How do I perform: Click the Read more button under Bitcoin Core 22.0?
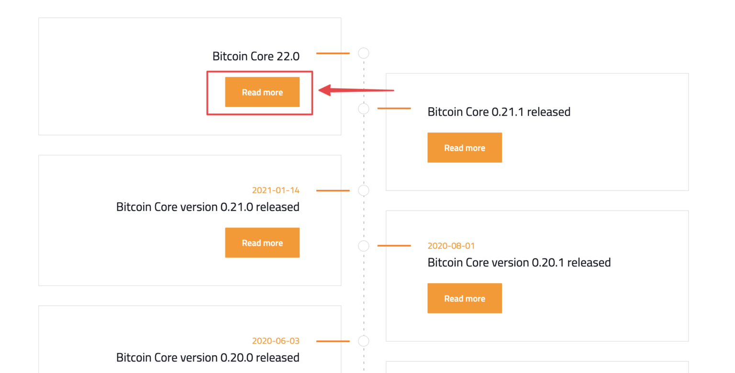262,92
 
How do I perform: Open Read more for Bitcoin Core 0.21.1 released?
464,148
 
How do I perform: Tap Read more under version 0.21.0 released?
262,243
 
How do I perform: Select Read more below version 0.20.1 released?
464,298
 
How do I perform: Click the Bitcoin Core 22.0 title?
256,56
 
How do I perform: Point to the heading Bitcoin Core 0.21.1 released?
499,112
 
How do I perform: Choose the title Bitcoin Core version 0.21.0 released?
208,207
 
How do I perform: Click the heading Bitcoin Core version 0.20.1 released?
519,263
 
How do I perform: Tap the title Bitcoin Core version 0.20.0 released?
208,358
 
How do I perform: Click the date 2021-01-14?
276,190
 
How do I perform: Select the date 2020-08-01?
451,246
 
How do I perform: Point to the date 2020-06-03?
276,341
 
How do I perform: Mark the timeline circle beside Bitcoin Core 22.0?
364,53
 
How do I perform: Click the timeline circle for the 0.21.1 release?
364,109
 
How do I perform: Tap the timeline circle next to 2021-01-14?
364,190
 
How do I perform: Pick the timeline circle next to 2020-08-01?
364,246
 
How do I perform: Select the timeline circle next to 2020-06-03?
364,341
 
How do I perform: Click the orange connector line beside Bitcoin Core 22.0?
333,53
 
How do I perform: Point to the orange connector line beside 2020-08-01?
394,246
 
